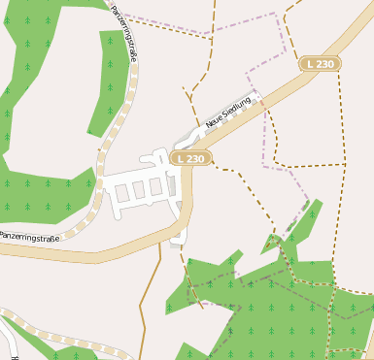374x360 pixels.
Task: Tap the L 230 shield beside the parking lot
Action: (x=191, y=157)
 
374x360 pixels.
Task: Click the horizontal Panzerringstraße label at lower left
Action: (x=29, y=236)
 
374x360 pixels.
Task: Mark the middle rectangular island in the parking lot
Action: (x=138, y=189)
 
